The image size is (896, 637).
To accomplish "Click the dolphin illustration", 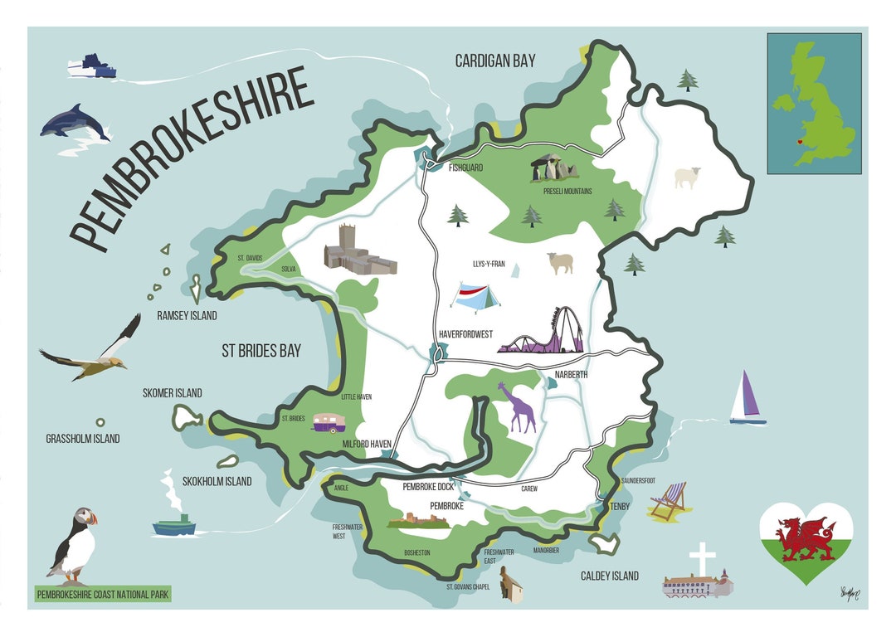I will tap(74, 124).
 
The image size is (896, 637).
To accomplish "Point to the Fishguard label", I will tap(465, 167).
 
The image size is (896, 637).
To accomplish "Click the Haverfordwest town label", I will tap(465, 334).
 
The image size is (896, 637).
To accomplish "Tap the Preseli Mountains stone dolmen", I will tap(554, 168).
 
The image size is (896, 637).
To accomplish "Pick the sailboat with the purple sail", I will tap(747, 398).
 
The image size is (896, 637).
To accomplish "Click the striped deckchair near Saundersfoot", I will tap(669, 502).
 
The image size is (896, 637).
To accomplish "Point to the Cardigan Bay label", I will tap(495, 61).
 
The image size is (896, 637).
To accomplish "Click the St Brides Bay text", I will tap(261, 351).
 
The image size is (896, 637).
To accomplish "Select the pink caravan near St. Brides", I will tap(326, 425).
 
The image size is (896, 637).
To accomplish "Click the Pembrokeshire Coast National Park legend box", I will tap(103, 594).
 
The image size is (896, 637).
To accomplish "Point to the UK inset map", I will tap(813, 103).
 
